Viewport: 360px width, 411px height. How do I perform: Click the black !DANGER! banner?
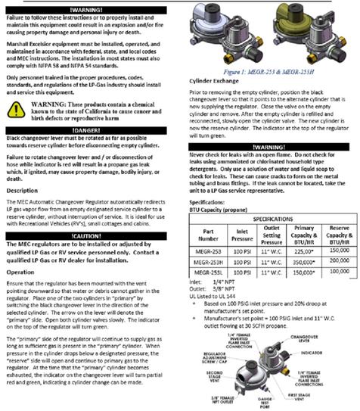(88, 131)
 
